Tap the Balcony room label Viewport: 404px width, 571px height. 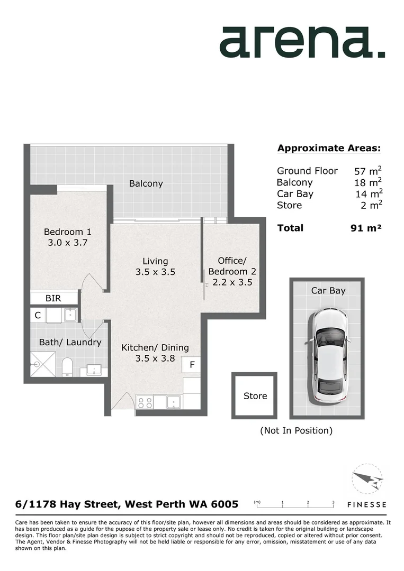146,184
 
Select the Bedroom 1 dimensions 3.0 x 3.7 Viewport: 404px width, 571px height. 67,243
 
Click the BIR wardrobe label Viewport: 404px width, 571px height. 53,298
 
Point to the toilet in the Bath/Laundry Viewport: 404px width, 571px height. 67,366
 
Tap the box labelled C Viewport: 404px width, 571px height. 38,315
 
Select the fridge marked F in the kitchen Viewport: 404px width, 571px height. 192,365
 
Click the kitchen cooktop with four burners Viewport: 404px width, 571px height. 145,402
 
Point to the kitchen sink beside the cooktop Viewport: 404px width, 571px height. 173,402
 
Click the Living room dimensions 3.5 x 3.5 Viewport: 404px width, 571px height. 155,272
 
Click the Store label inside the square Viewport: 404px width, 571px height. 255,396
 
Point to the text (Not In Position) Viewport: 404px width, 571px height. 296,430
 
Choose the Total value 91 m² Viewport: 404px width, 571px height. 363,228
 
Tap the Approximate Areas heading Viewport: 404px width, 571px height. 329,148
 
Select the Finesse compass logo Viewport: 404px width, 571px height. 366,481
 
